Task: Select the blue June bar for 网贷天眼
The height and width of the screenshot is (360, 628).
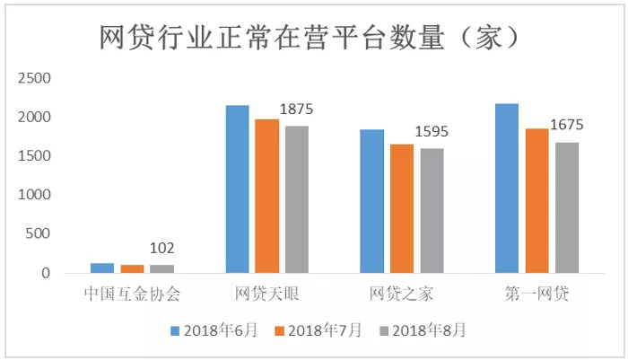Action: [237, 189]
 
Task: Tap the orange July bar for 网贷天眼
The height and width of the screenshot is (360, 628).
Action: [266, 195]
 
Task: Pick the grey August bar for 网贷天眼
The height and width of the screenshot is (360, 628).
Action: [296, 198]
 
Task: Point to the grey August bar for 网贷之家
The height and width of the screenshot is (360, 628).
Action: [431, 210]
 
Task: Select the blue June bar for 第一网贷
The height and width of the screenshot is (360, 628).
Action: [506, 188]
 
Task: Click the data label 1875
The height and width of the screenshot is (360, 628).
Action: [297, 109]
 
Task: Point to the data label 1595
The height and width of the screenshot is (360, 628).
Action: [432, 132]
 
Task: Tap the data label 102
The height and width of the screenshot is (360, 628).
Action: [162, 249]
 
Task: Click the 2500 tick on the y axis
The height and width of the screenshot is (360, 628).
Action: [37, 78]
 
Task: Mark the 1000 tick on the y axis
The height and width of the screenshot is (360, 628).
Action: [37, 195]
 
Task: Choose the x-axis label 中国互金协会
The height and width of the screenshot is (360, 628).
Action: [132, 294]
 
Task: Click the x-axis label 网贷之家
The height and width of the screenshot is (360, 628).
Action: [401, 294]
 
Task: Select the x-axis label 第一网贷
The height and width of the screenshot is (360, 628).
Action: [536, 294]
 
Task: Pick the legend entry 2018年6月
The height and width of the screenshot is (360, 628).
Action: [214, 330]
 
